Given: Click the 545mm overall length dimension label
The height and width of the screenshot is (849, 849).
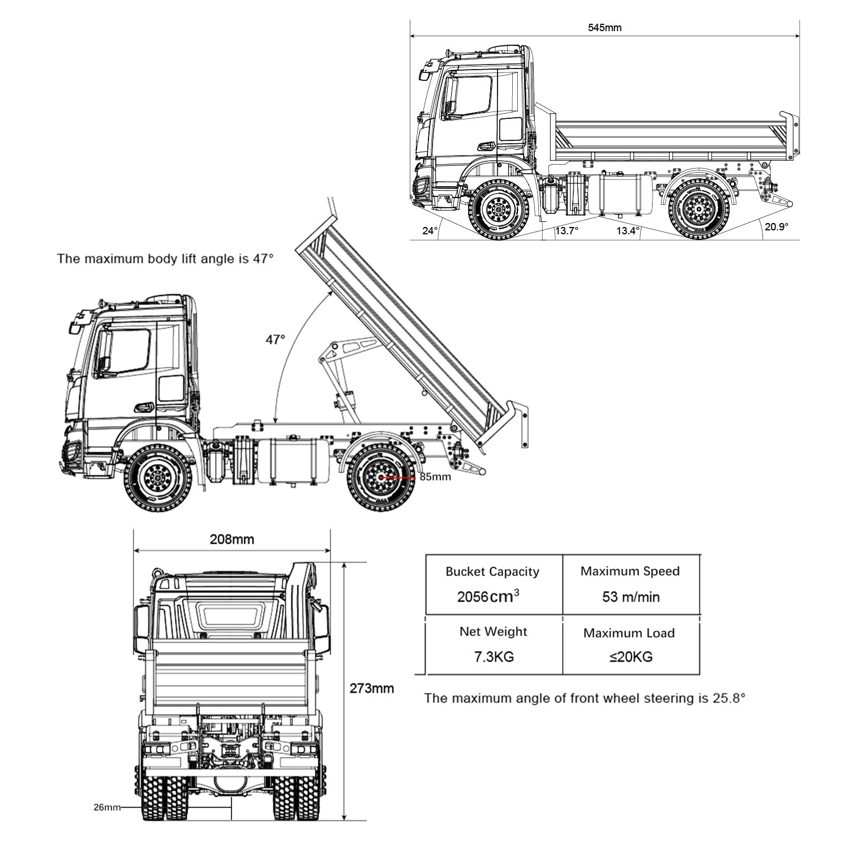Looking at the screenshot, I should [604, 27].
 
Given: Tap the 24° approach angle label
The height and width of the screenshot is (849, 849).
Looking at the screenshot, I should [430, 231].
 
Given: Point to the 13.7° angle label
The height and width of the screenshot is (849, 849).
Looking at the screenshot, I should [566, 231].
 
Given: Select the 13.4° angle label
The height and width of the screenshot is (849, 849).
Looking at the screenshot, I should [628, 231].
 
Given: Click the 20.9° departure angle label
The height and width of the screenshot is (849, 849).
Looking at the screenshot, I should [776, 226].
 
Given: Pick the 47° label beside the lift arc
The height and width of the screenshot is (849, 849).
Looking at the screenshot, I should [276, 340].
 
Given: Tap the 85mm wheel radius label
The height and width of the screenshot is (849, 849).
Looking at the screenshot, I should [435, 477].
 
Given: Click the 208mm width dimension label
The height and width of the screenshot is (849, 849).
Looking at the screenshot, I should [232, 539].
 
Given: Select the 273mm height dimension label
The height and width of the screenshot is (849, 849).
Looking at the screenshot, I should [371, 689].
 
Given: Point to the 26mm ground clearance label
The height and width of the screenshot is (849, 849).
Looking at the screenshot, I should [107, 808].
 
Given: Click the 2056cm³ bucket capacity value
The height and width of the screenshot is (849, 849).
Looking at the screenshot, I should [488, 597].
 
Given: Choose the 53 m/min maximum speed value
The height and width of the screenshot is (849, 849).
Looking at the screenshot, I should [631, 597].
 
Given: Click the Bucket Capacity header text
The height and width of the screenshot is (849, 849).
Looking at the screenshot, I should [492, 572].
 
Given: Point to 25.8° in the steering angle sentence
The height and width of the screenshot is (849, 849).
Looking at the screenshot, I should [729, 698].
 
